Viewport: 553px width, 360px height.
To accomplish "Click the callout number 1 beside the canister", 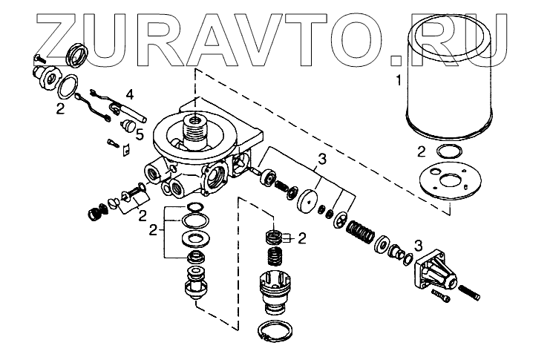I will pyautogui.click(x=399, y=77).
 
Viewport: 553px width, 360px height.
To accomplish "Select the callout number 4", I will pyautogui.click(x=130, y=94).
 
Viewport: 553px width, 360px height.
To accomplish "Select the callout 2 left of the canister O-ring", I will pyautogui.click(x=420, y=151).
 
